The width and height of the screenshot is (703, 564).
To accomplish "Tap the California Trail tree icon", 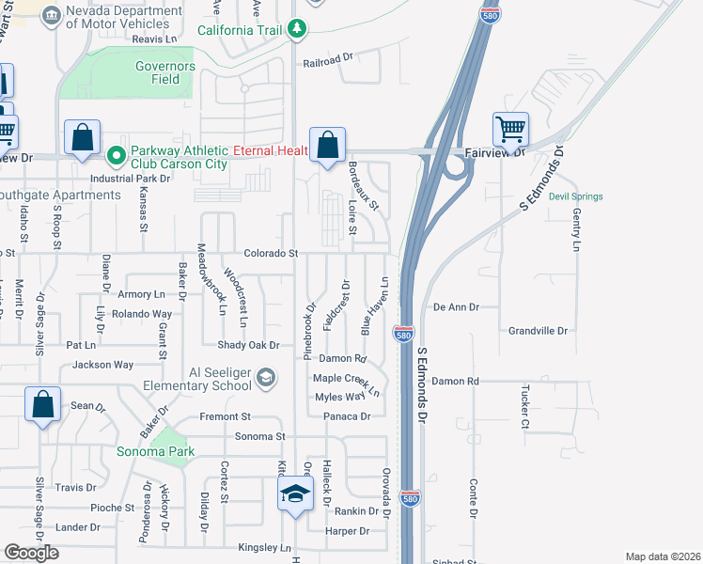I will tap(297, 30).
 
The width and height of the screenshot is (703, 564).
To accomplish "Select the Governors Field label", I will tap(164, 73).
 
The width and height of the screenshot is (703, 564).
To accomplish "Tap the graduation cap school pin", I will tap(294, 494).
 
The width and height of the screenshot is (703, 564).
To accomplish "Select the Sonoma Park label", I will tap(155, 452).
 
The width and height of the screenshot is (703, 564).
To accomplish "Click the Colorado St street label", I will tap(271, 254).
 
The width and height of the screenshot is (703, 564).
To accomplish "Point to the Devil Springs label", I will tap(575, 196).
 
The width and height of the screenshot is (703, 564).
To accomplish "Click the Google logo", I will tap(31, 553).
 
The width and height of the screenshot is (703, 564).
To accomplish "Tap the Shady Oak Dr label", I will tap(249, 345).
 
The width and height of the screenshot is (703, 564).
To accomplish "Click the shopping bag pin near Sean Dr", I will tap(42, 405).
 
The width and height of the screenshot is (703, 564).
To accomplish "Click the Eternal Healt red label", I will tap(272, 150).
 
